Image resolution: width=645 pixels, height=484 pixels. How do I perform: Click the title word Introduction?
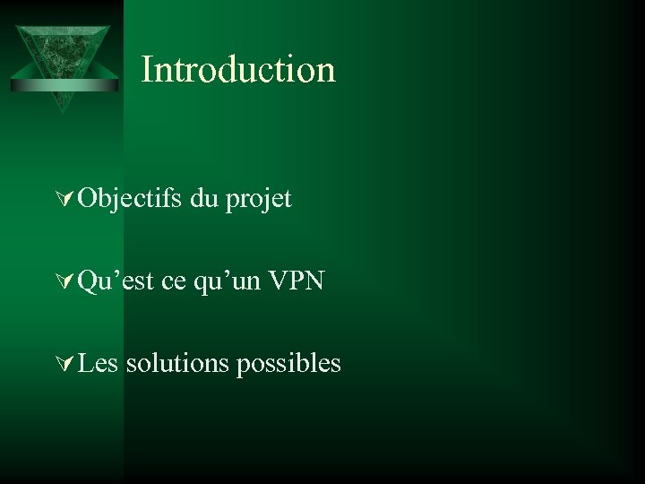pyautogui.click(x=238, y=70)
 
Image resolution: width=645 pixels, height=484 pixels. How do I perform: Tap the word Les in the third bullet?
pyautogui.click(x=99, y=363)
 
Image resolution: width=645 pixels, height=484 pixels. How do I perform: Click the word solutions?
pyautogui.click(x=177, y=363)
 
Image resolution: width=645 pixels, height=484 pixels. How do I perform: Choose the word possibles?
pyautogui.click(x=288, y=364)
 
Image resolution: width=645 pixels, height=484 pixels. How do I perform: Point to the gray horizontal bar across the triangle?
pyautogui.click(x=64, y=85)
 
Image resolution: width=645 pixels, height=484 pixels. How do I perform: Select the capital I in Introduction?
pyautogui.click(x=147, y=70)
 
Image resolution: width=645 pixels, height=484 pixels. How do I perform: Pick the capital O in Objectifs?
pyautogui.click(x=88, y=199)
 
